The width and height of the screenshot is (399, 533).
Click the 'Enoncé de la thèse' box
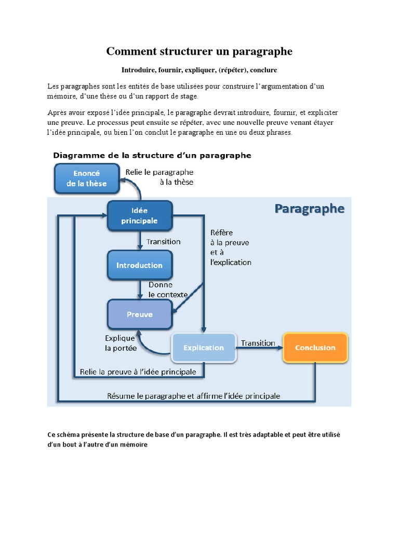click(86, 177)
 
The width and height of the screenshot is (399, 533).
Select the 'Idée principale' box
click(139, 215)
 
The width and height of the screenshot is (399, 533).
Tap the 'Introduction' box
click(139, 265)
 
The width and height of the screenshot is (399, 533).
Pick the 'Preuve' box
click(139, 314)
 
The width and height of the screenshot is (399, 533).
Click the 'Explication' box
click(204, 348)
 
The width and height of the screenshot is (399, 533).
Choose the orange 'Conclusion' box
click(315, 348)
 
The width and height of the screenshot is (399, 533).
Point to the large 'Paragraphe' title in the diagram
click(309, 209)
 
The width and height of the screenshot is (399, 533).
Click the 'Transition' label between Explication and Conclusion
click(258, 343)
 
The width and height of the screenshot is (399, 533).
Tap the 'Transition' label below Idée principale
click(164, 242)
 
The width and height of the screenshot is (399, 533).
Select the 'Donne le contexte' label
click(168, 290)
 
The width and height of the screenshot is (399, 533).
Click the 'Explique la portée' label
click(121, 343)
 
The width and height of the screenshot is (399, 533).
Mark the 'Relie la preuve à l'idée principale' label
click(138, 372)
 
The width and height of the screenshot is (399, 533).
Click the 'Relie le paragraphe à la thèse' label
click(160, 177)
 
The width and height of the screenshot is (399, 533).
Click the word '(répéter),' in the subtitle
click(233, 70)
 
